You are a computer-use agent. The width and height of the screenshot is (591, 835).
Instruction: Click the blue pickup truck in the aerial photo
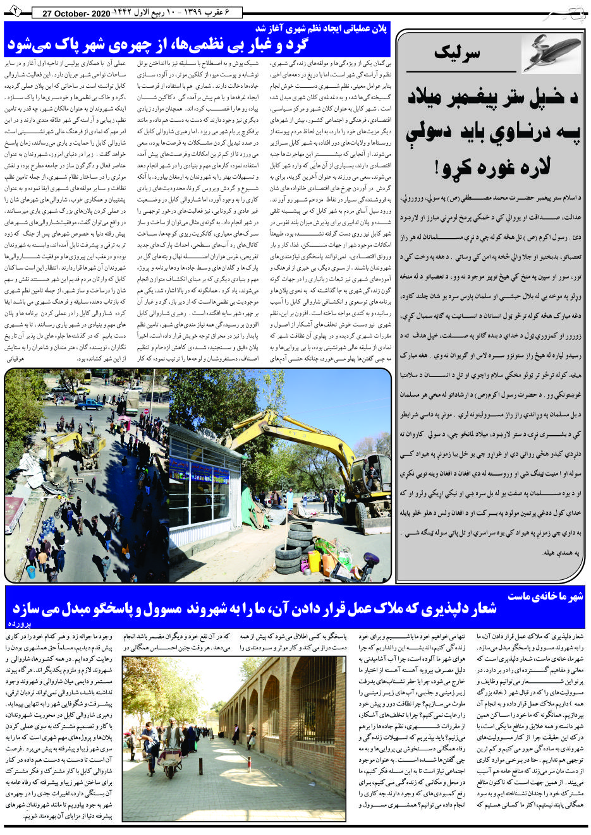(90, 404)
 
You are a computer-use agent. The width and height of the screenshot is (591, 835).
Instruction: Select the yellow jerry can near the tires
(314, 562)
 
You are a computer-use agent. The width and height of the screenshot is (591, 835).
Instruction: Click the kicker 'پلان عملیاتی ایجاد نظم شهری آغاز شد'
(322, 29)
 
